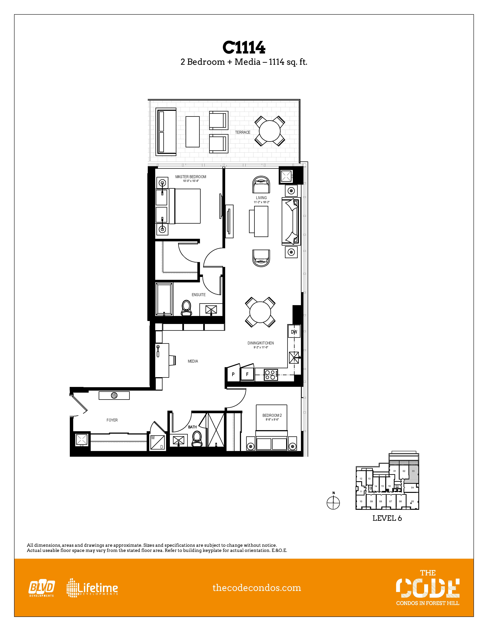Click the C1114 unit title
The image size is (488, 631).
tap(244, 48)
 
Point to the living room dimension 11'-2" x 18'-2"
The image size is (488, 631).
tap(261, 202)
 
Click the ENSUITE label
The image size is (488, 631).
tap(199, 295)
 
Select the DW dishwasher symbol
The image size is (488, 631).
tap(294, 332)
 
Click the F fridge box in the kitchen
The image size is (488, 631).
tap(247, 374)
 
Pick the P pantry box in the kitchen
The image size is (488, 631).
tap(233, 374)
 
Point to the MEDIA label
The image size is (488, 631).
tap(193, 361)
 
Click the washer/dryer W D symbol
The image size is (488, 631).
tap(157, 442)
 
